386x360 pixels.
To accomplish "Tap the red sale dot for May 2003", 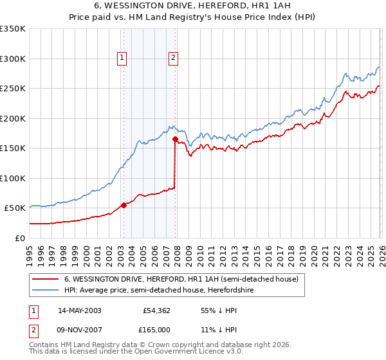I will [124, 206].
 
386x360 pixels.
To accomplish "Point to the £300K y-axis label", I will [13, 59].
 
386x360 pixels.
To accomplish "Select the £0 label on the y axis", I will [19, 238].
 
